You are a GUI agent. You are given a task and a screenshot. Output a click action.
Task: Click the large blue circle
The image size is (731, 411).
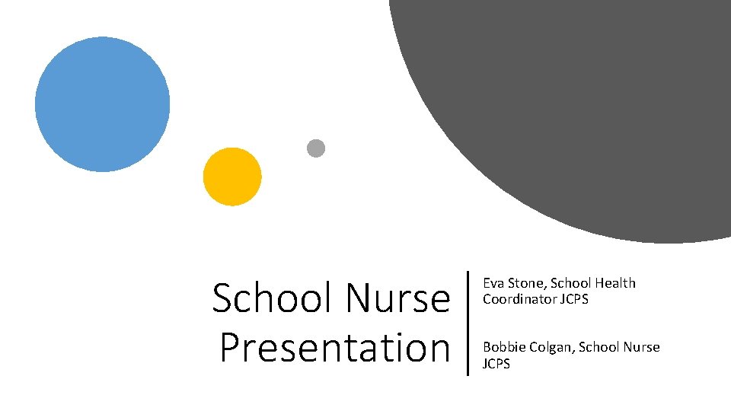(102, 104)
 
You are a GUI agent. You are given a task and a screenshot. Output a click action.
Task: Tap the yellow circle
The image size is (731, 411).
(232, 177)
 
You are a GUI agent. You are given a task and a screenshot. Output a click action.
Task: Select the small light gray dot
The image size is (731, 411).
(316, 148)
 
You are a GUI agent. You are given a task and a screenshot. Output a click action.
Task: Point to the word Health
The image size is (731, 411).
(615, 283)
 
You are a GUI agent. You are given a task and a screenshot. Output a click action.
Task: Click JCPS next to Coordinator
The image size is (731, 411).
(574, 298)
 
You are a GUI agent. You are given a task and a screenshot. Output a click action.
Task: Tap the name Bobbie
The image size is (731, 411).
(503, 348)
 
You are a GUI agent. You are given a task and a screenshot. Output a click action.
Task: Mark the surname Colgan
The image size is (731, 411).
(550, 348)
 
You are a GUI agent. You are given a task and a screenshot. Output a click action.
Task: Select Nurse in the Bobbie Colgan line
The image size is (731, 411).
(642, 348)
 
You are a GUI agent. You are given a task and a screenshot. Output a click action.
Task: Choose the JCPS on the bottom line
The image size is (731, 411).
(496, 364)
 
